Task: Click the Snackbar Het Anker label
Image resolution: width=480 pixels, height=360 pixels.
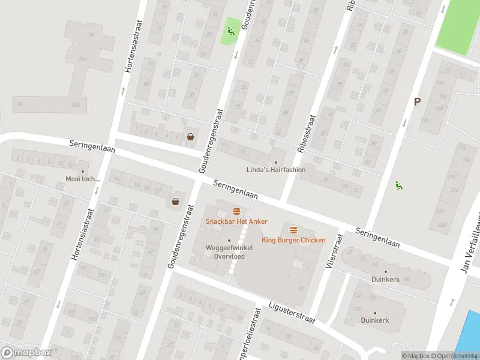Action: (236, 221)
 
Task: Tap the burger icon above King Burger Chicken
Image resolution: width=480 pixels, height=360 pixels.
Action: (293, 230)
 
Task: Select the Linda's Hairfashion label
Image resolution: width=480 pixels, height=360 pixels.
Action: (276, 170)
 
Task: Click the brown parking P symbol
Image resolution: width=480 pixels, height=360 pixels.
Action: (416, 102)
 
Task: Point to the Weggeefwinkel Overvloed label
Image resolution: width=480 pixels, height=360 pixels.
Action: (229, 251)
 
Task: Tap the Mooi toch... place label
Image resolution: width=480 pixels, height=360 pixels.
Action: (83, 179)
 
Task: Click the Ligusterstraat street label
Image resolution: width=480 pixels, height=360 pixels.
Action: (292, 312)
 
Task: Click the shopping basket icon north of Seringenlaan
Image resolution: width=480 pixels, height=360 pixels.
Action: (190, 137)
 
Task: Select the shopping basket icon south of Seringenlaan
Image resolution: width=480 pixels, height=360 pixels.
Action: (175, 202)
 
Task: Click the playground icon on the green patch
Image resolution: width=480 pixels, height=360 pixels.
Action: (230, 31)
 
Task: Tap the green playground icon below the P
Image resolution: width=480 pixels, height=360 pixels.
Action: (398, 185)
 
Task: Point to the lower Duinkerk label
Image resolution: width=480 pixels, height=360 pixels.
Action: (374, 320)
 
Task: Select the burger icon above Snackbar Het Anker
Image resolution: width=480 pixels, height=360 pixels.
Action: (236, 211)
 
